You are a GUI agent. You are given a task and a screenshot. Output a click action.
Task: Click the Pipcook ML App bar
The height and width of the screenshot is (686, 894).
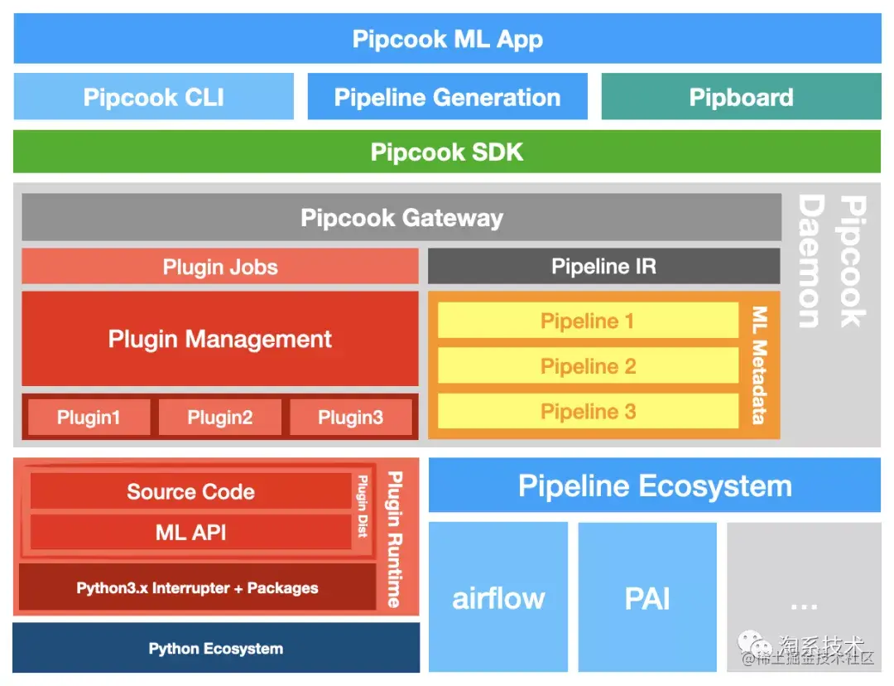(447, 39)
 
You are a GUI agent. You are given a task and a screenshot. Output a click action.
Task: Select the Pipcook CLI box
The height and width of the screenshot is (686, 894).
(154, 97)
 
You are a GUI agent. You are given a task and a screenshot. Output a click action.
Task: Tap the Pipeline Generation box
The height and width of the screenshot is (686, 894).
(447, 97)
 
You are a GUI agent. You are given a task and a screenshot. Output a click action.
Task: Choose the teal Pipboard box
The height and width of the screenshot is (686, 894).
(741, 97)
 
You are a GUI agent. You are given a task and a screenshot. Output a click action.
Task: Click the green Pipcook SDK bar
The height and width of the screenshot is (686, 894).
(447, 152)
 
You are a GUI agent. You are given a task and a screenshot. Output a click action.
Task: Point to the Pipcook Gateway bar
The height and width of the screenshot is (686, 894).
(401, 218)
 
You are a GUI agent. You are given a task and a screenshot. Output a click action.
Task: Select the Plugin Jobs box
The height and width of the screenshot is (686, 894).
(220, 267)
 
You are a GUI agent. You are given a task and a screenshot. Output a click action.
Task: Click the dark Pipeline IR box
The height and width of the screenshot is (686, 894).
(603, 267)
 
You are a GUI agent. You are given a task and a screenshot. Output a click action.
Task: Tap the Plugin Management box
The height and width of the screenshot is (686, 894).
(220, 339)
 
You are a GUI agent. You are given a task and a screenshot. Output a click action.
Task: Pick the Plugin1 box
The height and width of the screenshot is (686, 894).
(89, 418)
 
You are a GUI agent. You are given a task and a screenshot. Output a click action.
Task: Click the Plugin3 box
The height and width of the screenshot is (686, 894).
(350, 418)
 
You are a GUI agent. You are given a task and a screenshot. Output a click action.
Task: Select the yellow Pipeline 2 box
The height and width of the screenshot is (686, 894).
(588, 366)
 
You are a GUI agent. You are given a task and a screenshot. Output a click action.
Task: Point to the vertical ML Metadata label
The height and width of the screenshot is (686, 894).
(759, 365)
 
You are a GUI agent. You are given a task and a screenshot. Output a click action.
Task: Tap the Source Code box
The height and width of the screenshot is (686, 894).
(190, 491)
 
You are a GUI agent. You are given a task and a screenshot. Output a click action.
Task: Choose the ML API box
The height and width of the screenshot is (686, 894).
(190, 533)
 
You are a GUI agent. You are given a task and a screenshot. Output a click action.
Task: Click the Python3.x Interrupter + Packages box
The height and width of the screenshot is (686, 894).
(197, 588)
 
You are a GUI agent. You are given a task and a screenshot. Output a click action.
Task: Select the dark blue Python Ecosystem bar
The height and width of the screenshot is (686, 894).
(215, 648)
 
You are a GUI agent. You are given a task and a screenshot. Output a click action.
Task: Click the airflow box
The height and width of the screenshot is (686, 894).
(498, 597)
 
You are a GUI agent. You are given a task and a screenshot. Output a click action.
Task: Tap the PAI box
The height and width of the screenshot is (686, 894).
(647, 597)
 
